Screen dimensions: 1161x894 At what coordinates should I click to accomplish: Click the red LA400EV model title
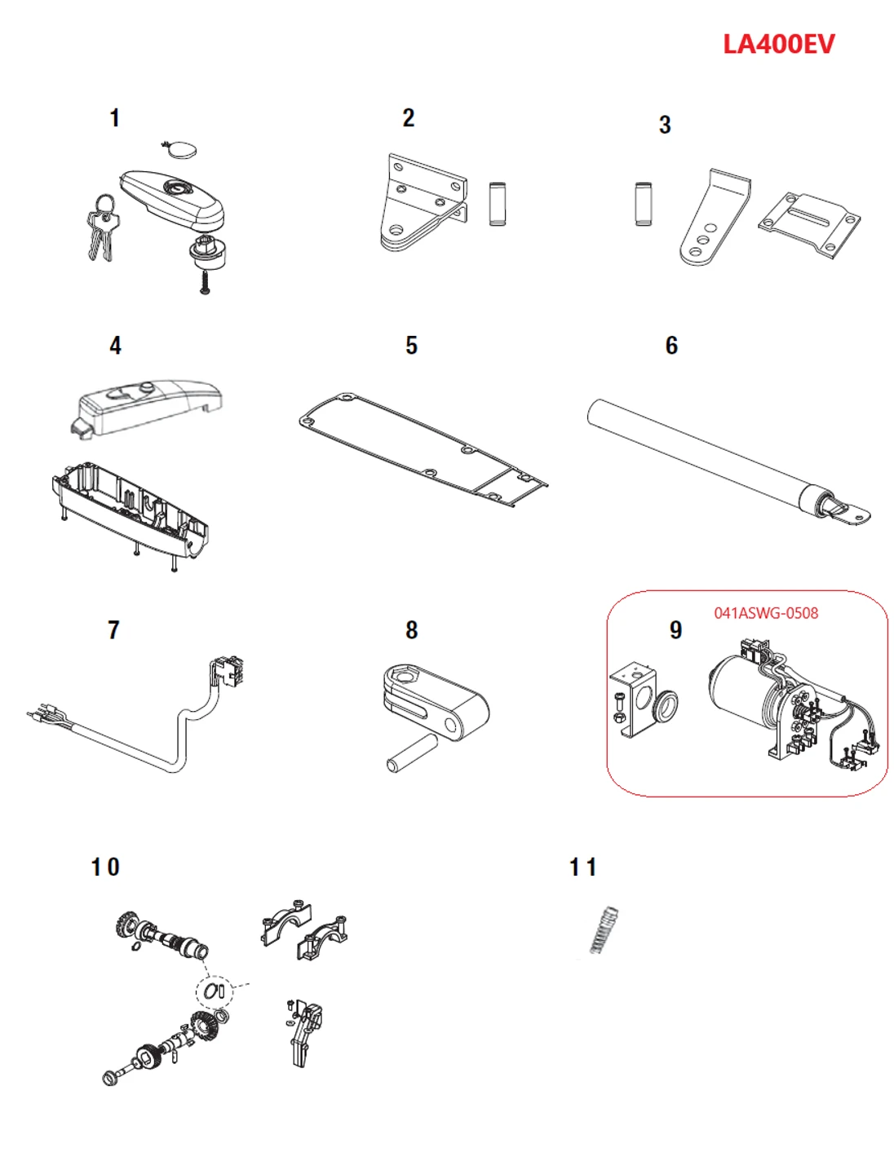pos(778,44)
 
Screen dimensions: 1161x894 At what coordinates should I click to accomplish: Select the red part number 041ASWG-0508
pos(765,613)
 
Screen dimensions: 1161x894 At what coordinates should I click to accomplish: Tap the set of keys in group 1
pos(102,228)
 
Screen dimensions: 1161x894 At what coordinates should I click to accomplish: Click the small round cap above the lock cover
pos(179,149)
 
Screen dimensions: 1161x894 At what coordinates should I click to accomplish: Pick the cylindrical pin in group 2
pos(497,204)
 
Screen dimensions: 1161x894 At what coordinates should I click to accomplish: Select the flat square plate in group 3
pos(809,224)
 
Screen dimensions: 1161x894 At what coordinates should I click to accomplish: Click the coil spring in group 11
pos(604,929)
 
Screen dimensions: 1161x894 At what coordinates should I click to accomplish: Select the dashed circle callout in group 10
pos(215,991)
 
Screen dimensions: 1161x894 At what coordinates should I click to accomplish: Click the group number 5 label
pos(411,346)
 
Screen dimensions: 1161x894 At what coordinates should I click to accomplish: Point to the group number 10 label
pos(105,867)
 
